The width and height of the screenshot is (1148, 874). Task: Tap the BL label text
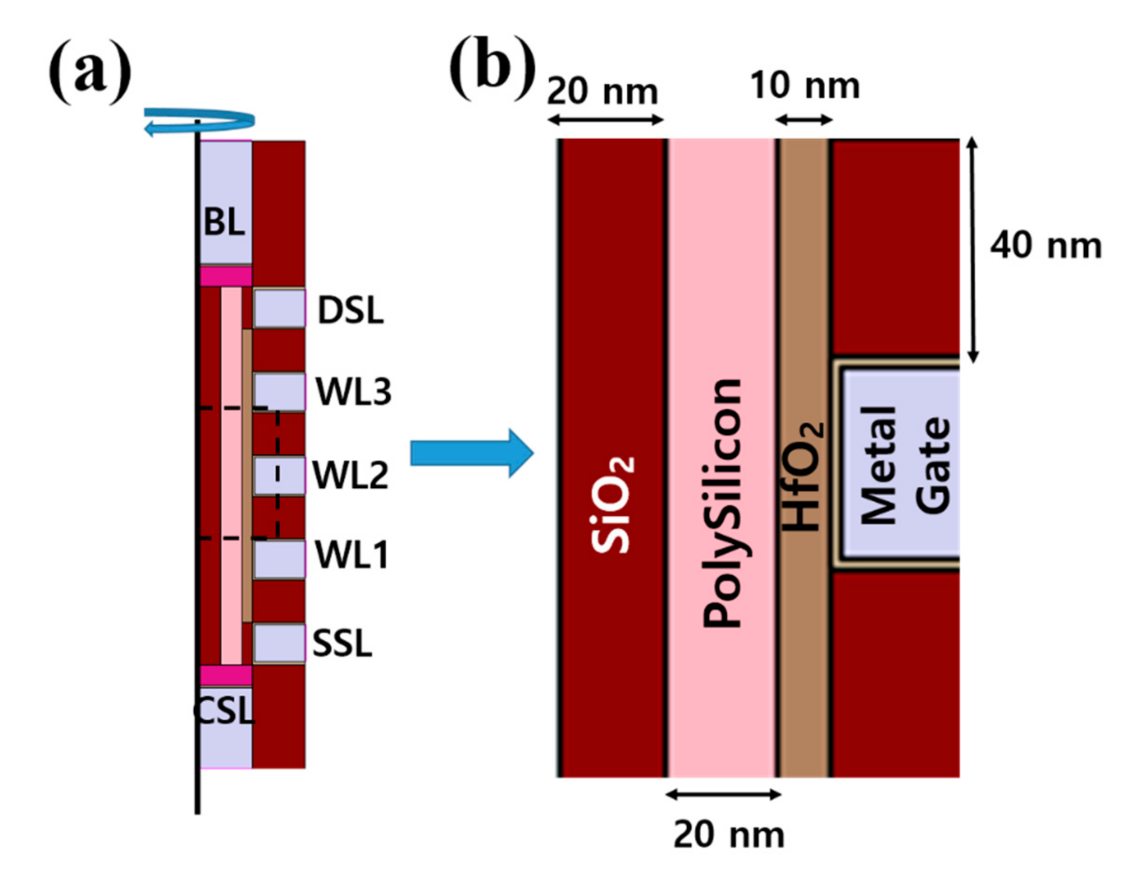224,222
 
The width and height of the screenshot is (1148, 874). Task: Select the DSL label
350,311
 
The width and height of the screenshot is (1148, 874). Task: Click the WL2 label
350,475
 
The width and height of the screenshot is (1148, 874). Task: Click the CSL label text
224,711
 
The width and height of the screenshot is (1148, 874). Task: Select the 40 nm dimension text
1045,246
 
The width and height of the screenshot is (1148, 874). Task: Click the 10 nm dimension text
805,86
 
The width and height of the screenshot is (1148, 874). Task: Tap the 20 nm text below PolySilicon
728,835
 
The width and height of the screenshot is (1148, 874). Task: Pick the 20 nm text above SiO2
602,92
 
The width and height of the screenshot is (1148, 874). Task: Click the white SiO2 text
612,505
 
